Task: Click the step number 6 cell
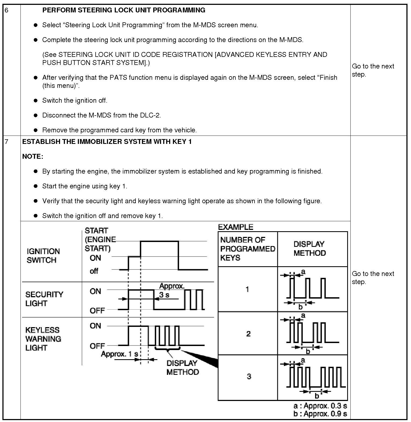7,10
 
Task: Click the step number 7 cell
7,142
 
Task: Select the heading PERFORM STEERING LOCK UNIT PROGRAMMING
124,10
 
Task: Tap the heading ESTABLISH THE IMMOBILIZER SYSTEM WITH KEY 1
107,142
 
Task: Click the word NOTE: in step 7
33,157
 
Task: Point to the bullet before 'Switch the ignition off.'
35,101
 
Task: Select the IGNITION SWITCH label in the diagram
43,256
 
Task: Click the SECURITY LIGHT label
44,299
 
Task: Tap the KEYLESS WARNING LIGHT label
43,339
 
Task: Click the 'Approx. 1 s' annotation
119,354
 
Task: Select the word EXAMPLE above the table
235,227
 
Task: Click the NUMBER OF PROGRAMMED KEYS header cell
247,249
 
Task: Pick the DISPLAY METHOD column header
310,248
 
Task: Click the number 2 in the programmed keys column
248,334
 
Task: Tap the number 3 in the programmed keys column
249,376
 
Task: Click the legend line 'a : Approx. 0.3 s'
320,406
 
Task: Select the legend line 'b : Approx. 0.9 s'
320,414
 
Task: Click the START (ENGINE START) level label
100,240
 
